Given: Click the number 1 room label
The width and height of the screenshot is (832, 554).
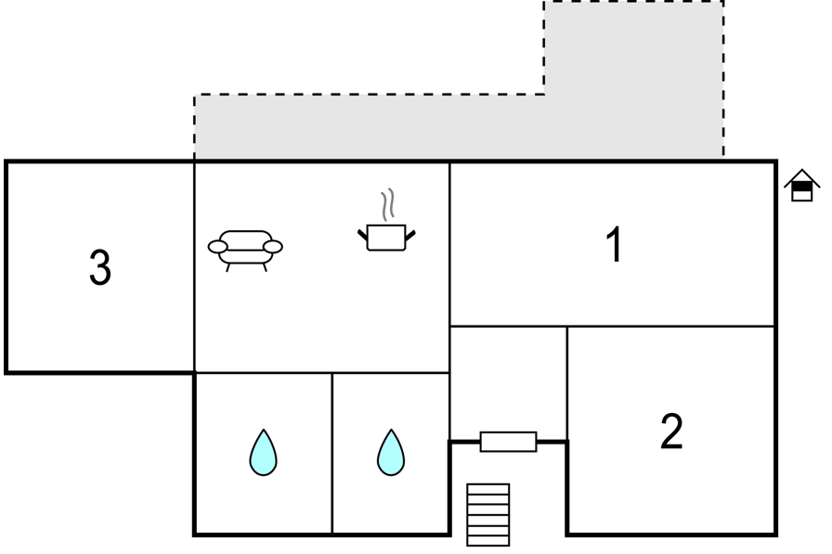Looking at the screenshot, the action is click(614, 244).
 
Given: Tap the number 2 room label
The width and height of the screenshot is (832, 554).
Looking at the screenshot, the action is click(671, 431).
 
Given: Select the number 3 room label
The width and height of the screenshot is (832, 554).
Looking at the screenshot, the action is click(100, 267).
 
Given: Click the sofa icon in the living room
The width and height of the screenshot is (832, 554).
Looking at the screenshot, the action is click(245, 251).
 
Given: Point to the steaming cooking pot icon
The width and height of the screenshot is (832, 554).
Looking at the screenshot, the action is click(386, 220).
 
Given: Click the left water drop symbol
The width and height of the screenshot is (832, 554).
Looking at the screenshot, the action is click(263, 452).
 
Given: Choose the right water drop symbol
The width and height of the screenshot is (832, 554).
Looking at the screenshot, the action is click(391, 452).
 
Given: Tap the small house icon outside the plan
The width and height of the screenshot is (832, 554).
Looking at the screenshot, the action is click(802, 186).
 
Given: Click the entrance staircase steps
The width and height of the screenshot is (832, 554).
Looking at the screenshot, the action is click(488, 514).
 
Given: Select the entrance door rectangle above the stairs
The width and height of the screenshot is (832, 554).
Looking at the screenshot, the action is click(508, 442).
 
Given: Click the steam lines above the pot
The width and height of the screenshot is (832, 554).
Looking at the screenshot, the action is click(388, 204).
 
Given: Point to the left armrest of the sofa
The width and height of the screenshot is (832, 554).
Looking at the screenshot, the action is click(217, 247).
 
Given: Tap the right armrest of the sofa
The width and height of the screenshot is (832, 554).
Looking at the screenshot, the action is click(273, 247).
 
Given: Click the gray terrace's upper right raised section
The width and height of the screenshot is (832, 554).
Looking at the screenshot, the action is click(633, 47).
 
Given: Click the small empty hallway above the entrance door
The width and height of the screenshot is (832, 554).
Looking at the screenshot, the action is click(508, 382).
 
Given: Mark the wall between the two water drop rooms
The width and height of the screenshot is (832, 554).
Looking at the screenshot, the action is click(332, 453).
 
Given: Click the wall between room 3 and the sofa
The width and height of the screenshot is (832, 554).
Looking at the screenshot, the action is click(195, 266).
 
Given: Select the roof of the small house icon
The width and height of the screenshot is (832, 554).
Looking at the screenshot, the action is click(802, 178).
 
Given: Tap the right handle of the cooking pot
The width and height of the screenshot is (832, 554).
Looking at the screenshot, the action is click(410, 236).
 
